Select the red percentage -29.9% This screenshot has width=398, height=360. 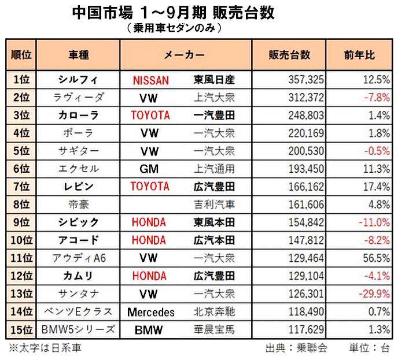pyautogui.click(x=373, y=294)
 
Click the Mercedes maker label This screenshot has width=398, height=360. pyautogui.click(x=150, y=313)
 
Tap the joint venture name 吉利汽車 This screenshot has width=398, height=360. pyautogui.click(x=213, y=205)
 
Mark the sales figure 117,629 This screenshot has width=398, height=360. pyautogui.click(x=305, y=330)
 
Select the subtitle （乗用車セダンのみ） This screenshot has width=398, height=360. pyautogui.click(x=173, y=27)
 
